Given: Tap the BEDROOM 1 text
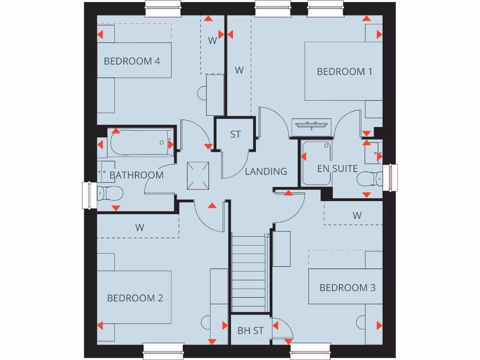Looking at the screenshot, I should tap(345, 72).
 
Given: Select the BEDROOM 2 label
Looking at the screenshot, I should tap(135, 298).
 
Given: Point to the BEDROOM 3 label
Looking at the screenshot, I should tap(347, 288).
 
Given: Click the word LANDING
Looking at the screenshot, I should tap(266, 172).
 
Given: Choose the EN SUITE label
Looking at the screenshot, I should tap(337, 169).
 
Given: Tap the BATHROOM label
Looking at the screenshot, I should tap(136, 175).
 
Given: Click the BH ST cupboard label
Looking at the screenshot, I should tap(250, 331).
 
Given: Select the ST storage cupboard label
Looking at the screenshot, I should tap(235, 135).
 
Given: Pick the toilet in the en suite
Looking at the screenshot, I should tap(369, 179).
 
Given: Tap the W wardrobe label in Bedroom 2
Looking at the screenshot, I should tap(140, 228).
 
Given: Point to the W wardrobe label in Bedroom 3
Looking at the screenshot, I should tap(357, 216).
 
